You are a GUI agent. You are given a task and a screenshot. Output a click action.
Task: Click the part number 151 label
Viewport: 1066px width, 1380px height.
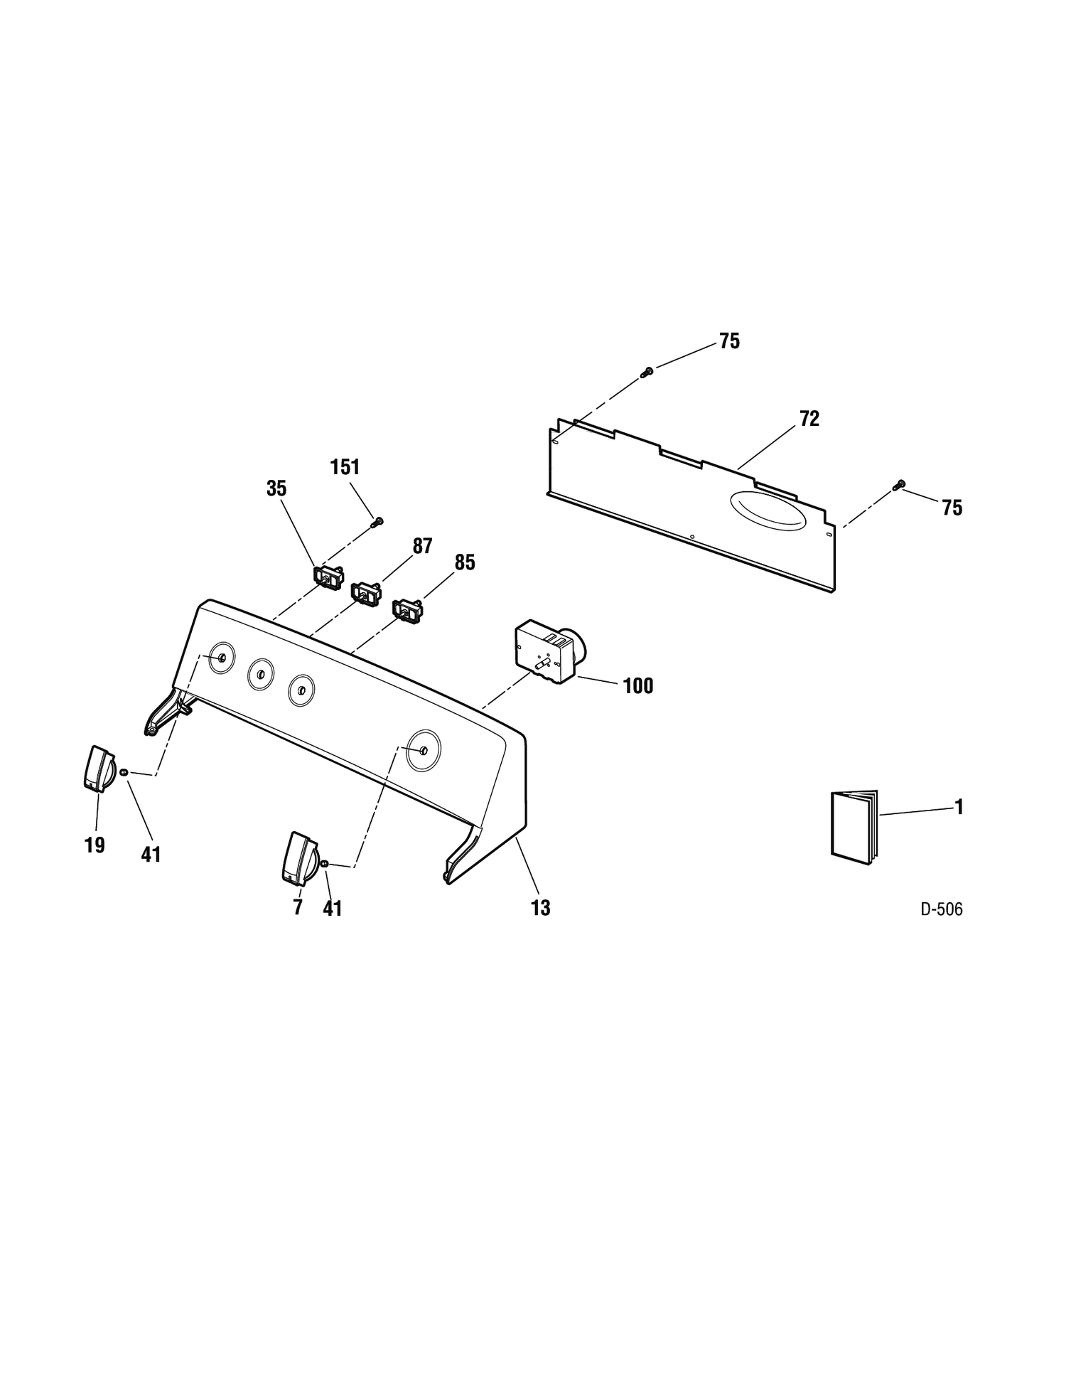345,467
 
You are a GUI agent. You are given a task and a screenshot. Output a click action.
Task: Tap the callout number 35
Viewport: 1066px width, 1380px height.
276,488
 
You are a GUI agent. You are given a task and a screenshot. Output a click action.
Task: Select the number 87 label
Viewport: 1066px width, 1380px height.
423,546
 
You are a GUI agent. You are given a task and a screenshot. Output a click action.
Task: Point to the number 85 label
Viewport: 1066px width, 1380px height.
465,562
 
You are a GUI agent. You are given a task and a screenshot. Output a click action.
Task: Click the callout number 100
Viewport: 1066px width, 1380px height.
637,686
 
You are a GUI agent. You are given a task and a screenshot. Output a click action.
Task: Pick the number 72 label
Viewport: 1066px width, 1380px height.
809,419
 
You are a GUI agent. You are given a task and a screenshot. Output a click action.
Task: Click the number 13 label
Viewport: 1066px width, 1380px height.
540,908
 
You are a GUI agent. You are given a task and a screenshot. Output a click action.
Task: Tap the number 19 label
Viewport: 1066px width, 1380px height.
95,845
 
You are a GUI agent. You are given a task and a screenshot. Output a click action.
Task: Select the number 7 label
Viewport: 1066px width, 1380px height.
297,907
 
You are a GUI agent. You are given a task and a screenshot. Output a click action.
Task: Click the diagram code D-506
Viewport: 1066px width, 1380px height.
942,909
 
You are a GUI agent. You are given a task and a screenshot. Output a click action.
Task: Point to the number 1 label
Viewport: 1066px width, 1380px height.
959,807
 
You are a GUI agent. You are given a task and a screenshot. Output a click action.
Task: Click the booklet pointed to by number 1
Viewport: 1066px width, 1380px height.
854,828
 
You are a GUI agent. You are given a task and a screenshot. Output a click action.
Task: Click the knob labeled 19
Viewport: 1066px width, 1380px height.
99,769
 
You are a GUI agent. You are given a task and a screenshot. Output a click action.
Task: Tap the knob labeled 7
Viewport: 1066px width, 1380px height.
299,860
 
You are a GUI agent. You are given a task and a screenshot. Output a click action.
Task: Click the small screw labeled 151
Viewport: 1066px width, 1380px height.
377,523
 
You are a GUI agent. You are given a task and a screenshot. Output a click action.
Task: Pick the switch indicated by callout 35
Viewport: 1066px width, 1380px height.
328,577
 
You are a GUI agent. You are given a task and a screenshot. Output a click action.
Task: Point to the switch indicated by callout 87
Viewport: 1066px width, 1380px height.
366,594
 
